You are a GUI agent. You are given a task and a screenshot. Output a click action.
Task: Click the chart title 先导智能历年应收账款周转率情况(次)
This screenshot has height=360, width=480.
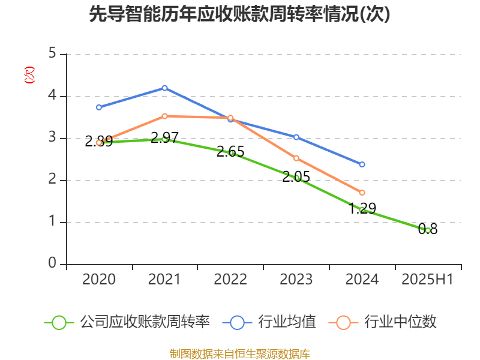pos(239,14)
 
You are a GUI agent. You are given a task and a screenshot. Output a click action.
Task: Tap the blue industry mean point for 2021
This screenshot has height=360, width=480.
pos(164,88)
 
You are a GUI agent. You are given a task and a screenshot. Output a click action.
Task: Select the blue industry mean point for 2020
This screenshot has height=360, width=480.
pos(99,107)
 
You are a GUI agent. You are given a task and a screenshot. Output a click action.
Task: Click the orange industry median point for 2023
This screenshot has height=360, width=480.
pos(296,158)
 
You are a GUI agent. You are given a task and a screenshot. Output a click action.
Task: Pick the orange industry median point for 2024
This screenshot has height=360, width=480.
pos(362,192)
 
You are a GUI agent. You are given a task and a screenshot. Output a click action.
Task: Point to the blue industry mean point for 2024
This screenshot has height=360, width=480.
pos(362,164)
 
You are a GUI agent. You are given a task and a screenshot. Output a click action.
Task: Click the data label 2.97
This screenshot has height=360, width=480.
pos(164,138)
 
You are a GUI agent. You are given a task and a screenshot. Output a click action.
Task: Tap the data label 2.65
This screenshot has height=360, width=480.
pos(230,152)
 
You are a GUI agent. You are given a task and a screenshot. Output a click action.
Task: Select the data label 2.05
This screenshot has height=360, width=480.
pos(296,176)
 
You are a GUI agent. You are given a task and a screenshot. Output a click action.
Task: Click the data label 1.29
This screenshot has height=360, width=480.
pos(362,209)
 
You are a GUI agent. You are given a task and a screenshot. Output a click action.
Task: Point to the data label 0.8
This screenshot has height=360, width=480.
pos(428,229)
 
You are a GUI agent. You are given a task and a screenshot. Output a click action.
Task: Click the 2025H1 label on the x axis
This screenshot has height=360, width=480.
pos(427,280)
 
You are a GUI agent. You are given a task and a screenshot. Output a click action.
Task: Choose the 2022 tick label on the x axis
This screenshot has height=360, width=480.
pos(230,280)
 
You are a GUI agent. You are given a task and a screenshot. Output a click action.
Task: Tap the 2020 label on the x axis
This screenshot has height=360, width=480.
pos(99,280)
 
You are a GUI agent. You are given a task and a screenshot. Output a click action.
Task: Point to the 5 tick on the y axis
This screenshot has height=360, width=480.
pos(52,54)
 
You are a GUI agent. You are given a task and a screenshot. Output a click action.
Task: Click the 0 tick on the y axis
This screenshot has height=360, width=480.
pos(52,264)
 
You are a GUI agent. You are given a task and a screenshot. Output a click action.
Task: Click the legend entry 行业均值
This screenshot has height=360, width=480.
pos(269,322)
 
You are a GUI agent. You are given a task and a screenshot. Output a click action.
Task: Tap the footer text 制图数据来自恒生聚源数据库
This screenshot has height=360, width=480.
pos(239,353)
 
